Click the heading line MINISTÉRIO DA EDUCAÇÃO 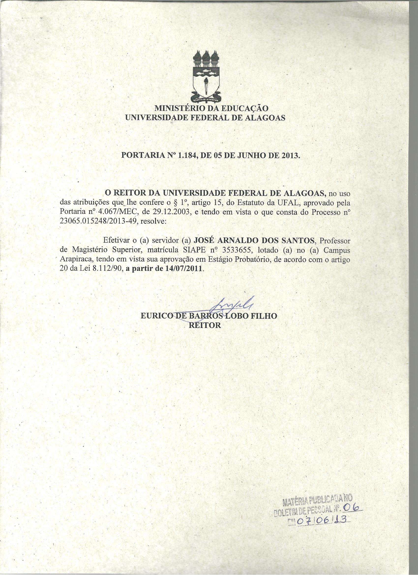(x=211, y=108)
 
